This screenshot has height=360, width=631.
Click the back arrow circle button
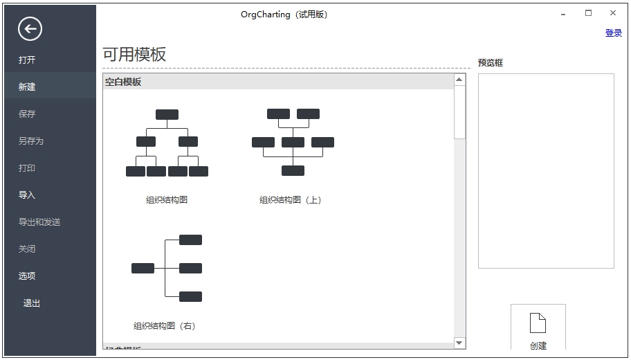pos(30,28)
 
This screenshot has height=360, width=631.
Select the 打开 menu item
pos(27,60)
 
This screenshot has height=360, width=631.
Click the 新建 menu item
pos(27,87)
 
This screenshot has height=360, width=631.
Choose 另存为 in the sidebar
pos(31,141)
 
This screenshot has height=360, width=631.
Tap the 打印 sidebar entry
pos(27,168)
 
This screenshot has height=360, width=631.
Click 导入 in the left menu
pos(27,195)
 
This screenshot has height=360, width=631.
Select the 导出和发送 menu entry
pos(39,222)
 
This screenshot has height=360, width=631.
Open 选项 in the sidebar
pos(27,276)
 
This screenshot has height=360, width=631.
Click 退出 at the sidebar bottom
pos(32,303)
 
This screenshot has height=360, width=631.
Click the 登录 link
pos(613,33)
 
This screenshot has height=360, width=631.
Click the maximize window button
pos(588,13)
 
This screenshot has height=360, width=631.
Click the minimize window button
pos(565,13)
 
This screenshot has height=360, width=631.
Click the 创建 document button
pos(538,329)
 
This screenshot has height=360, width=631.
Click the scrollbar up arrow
pos(459,80)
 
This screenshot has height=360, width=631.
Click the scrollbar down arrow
pos(459,343)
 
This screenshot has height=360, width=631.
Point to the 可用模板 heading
pos(134,55)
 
